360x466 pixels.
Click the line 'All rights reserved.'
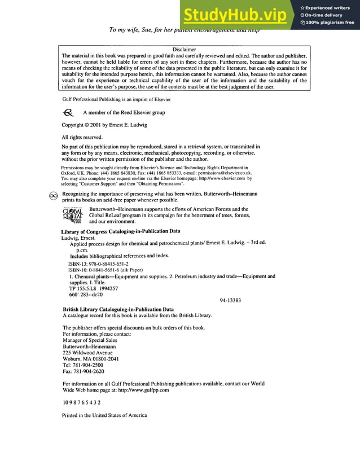[82, 137]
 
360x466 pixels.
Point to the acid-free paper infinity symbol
[53, 194]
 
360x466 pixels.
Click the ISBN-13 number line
[98, 263]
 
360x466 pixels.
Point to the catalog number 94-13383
[230, 300]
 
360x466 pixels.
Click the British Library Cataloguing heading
[118, 309]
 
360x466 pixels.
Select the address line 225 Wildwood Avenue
[87, 353]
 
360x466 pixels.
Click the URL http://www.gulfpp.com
[144, 390]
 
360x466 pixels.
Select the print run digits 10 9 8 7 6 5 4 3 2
[81, 402]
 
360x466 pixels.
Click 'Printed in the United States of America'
[104, 415]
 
